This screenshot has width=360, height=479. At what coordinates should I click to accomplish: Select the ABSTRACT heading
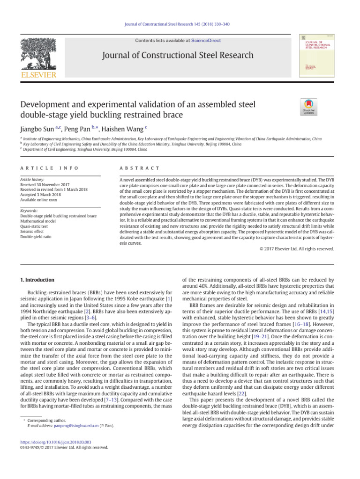tap(134, 168)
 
